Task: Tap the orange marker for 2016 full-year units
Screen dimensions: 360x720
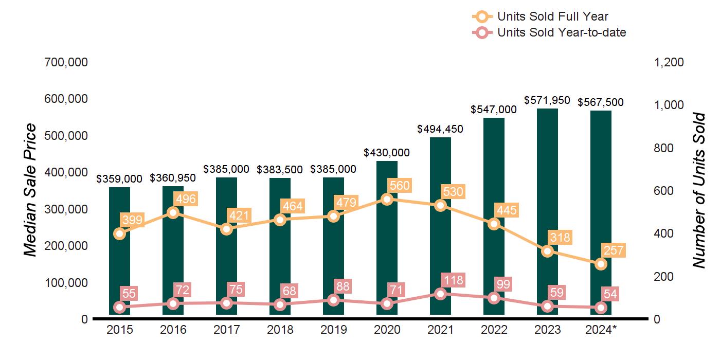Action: coord(173,212)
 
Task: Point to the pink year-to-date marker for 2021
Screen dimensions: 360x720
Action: coord(440,294)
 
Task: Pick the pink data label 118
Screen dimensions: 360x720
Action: coord(453,280)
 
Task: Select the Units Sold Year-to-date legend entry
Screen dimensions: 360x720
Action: coord(549,32)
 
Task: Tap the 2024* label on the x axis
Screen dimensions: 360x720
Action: coord(600,330)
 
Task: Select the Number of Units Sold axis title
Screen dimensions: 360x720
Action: coord(698,190)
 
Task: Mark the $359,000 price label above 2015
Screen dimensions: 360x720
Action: coord(119,178)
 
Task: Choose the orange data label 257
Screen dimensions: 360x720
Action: coord(611,251)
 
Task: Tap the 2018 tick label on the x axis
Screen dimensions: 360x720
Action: coord(280,330)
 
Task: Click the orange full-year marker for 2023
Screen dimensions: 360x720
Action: coord(547,251)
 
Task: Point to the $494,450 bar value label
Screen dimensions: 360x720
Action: coord(440,129)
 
